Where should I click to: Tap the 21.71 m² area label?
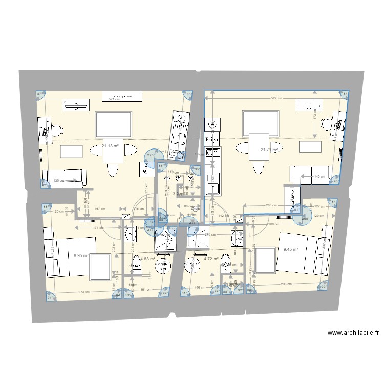tap(269, 150)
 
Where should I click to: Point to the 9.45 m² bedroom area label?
tap(291, 250)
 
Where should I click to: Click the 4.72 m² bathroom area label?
tap(211, 259)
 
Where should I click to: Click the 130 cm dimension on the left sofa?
tap(59, 180)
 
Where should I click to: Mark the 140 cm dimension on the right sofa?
tap(319, 177)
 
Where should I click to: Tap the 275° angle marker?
tap(150, 155)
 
